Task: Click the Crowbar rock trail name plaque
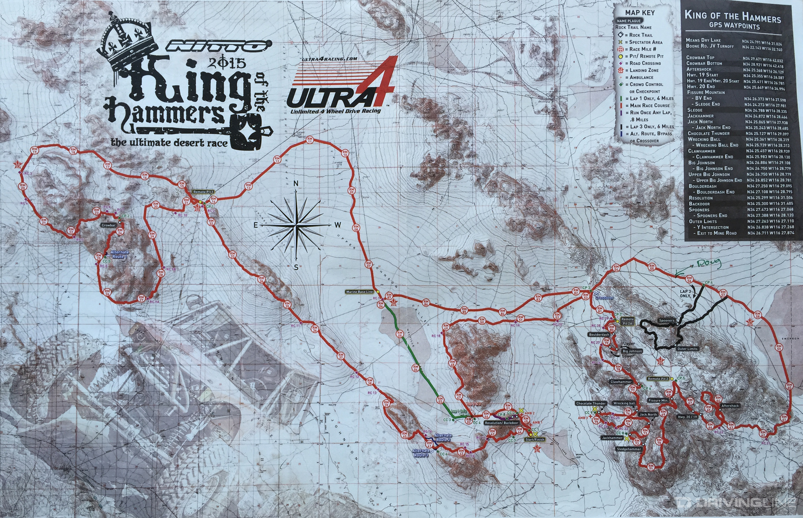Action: [108, 225]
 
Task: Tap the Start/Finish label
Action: [534, 439]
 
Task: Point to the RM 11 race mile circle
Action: [310, 141]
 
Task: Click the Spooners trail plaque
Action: [667, 321]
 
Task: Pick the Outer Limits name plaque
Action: [688, 349]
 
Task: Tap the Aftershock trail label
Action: [730, 406]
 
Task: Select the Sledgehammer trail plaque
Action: [629, 449]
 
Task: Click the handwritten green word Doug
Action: [708, 263]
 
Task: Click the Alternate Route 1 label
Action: [120, 254]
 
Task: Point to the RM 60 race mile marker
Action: [789, 385]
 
